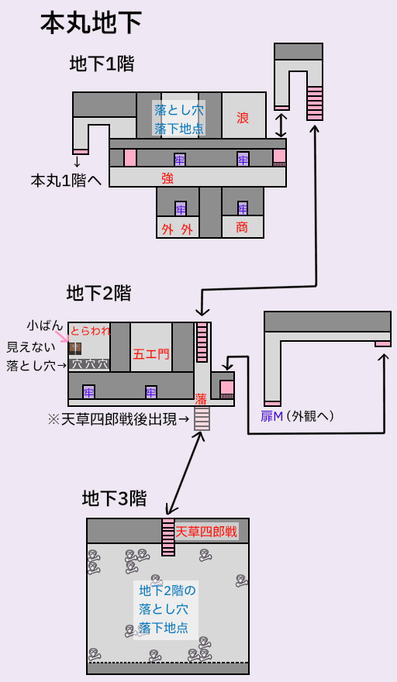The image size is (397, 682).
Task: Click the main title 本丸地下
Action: (91, 23)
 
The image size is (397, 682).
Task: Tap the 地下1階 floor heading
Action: (102, 64)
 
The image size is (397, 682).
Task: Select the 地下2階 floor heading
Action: (98, 294)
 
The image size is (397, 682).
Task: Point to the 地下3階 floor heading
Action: (114, 498)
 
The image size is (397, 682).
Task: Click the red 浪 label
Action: (243, 118)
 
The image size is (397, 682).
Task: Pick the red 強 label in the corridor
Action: (167, 178)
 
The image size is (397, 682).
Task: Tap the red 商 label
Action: (242, 227)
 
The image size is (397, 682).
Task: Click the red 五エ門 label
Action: (151, 354)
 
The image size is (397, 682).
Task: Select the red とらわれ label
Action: (91, 331)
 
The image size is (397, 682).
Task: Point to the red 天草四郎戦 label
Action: (206, 532)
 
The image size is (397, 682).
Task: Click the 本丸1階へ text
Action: (66, 181)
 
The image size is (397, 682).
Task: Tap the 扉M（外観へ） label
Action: (297, 417)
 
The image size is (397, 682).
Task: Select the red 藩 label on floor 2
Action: (201, 399)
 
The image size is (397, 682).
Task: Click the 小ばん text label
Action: (45, 325)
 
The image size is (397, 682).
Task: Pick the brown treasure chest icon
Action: (75, 349)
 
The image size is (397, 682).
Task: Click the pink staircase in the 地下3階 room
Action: (168, 537)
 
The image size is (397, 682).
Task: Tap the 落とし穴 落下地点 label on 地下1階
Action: (179, 119)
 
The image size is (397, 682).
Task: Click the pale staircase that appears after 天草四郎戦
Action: (202, 418)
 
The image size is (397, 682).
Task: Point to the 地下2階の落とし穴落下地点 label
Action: (166, 610)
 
